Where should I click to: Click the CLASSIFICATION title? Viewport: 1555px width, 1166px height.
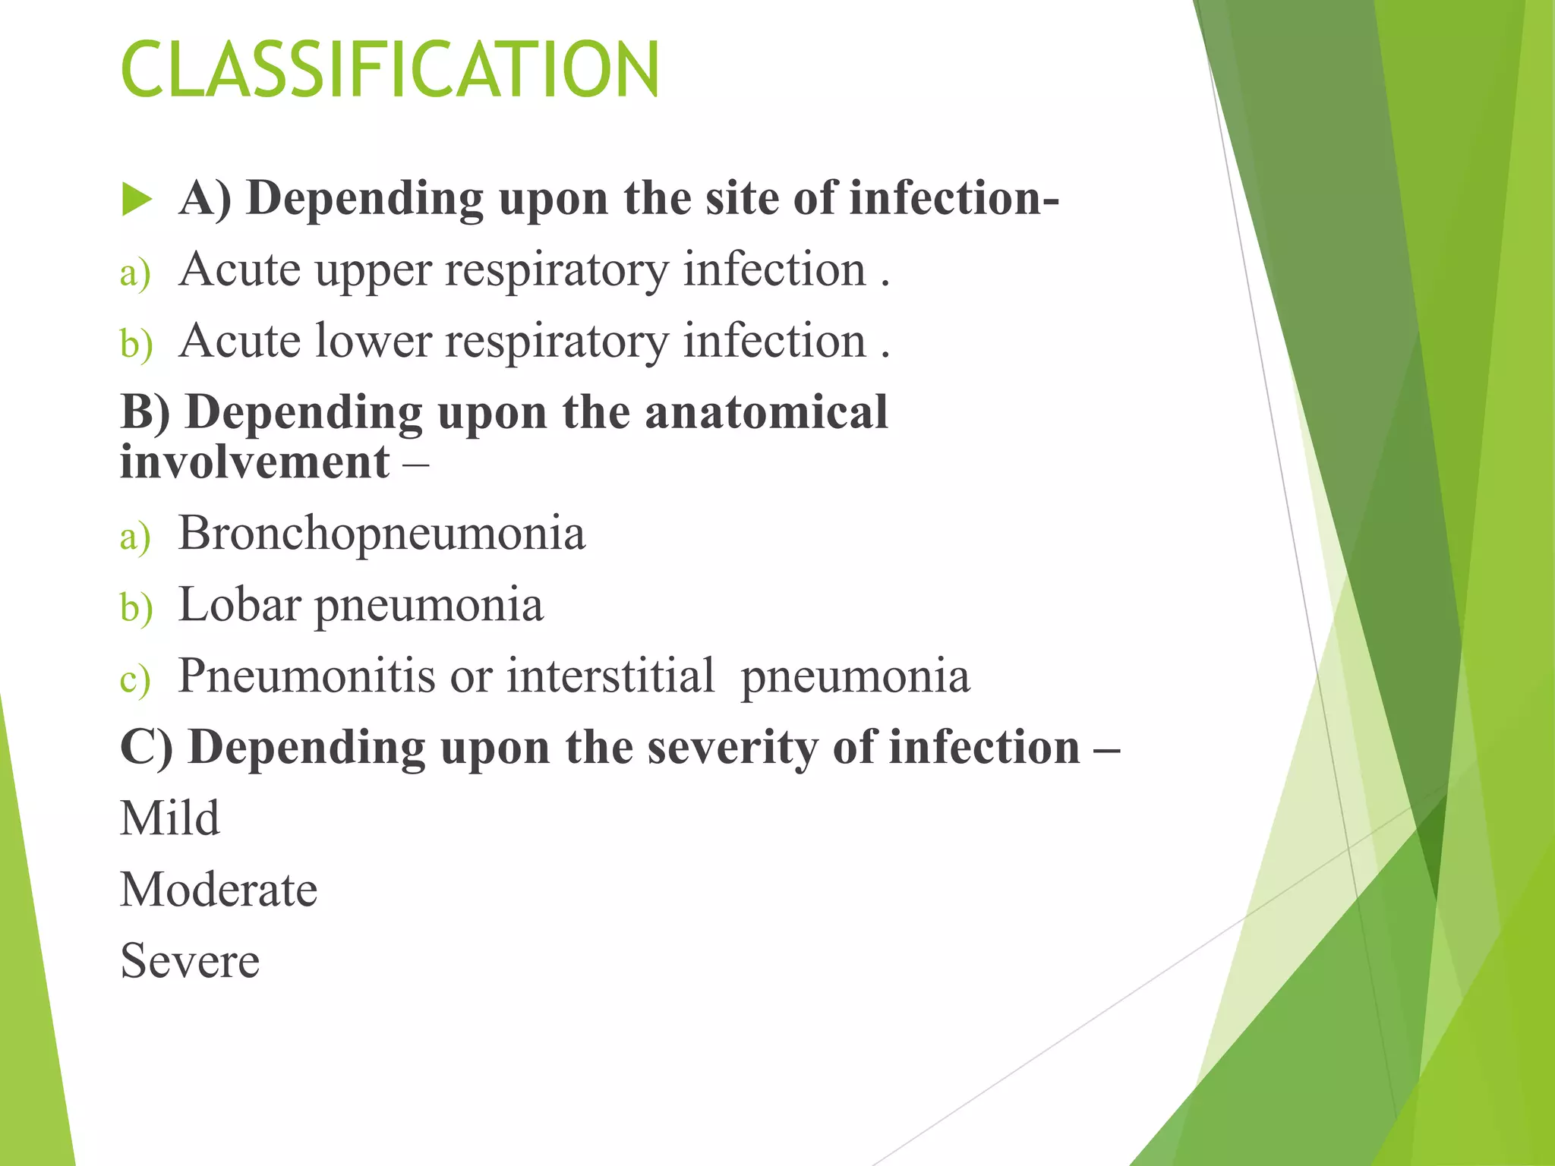pyautogui.click(x=390, y=70)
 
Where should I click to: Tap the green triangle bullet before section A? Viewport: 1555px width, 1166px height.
pyautogui.click(x=137, y=200)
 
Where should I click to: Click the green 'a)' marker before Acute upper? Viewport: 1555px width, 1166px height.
pyautogui.click(x=135, y=273)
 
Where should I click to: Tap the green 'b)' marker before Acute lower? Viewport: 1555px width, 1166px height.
pyautogui.click(x=136, y=344)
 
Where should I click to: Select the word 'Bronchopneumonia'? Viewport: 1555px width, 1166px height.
pyautogui.click(x=382, y=533)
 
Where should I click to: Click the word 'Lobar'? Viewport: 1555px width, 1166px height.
pyautogui.click(x=239, y=605)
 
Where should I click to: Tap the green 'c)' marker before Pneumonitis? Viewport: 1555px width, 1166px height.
pyautogui.click(x=135, y=679)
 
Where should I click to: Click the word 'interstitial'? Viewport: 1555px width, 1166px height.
pyautogui.click(x=610, y=676)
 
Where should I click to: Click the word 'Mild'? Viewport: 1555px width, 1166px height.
pyautogui.click(x=170, y=818)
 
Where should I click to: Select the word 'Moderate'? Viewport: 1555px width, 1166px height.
pyautogui.click(x=219, y=890)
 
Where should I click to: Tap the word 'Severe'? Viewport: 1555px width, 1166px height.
pyautogui.click(x=190, y=961)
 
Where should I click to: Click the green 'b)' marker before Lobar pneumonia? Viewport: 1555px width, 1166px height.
pyautogui.click(x=136, y=608)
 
